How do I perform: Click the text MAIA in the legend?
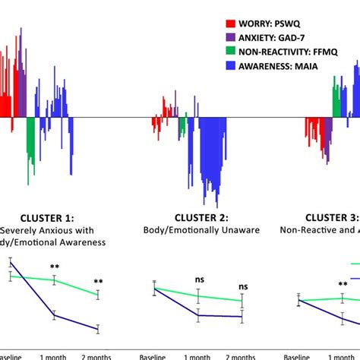pyautogui.click(x=306, y=65)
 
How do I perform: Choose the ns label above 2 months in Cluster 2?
pyautogui.click(x=243, y=287)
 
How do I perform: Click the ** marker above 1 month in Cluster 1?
pyautogui.click(x=55, y=267)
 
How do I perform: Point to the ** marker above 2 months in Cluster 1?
pyautogui.click(x=98, y=282)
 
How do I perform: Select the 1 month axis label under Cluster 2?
pyautogui.click(x=199, y=355)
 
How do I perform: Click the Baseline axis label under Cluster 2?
pyautogui.click(x=154, y=355)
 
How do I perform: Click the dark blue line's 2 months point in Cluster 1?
pyautogui.click(x=98, y=329)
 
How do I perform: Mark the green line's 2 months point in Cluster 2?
pyautogui.click(x=242, y=301)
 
